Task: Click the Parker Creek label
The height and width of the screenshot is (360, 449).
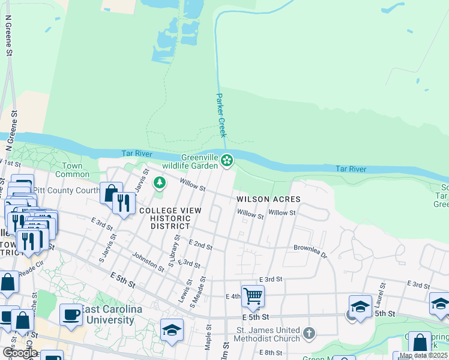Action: click(220, 115)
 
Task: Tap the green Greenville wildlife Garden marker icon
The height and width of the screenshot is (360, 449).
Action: click(226, 160)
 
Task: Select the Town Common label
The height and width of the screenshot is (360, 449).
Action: click(72, 170)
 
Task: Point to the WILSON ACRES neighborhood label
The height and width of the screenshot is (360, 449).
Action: click(268, 199)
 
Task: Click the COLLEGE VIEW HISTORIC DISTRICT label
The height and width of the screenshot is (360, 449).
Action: click(164, 218)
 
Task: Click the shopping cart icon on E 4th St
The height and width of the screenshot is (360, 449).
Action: click(253, 295)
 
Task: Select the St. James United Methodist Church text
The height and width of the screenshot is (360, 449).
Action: click(259, 334)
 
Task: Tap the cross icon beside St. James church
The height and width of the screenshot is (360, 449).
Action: click(309, 333)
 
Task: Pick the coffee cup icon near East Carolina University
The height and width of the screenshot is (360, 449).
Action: click(71, 314)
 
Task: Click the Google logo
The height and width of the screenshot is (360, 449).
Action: click(19, 352)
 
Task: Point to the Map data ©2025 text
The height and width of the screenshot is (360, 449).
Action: click(423, 355)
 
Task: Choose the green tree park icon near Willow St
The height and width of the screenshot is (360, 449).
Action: click(160, 182)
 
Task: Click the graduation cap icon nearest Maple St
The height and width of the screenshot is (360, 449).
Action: click(172, 329)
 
